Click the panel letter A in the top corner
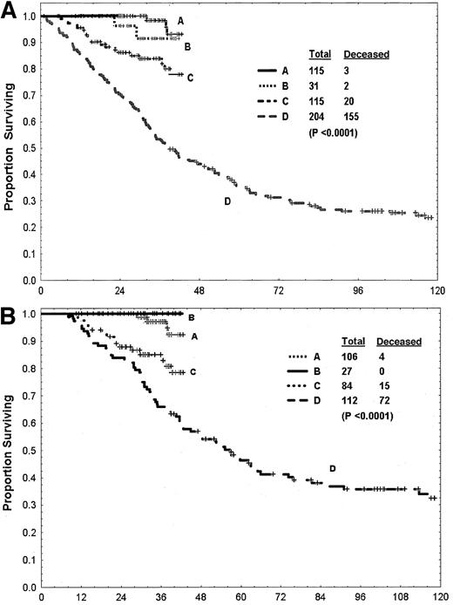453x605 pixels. click(x=10, y=11)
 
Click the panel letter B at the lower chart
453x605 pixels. click(x=10, y=310)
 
